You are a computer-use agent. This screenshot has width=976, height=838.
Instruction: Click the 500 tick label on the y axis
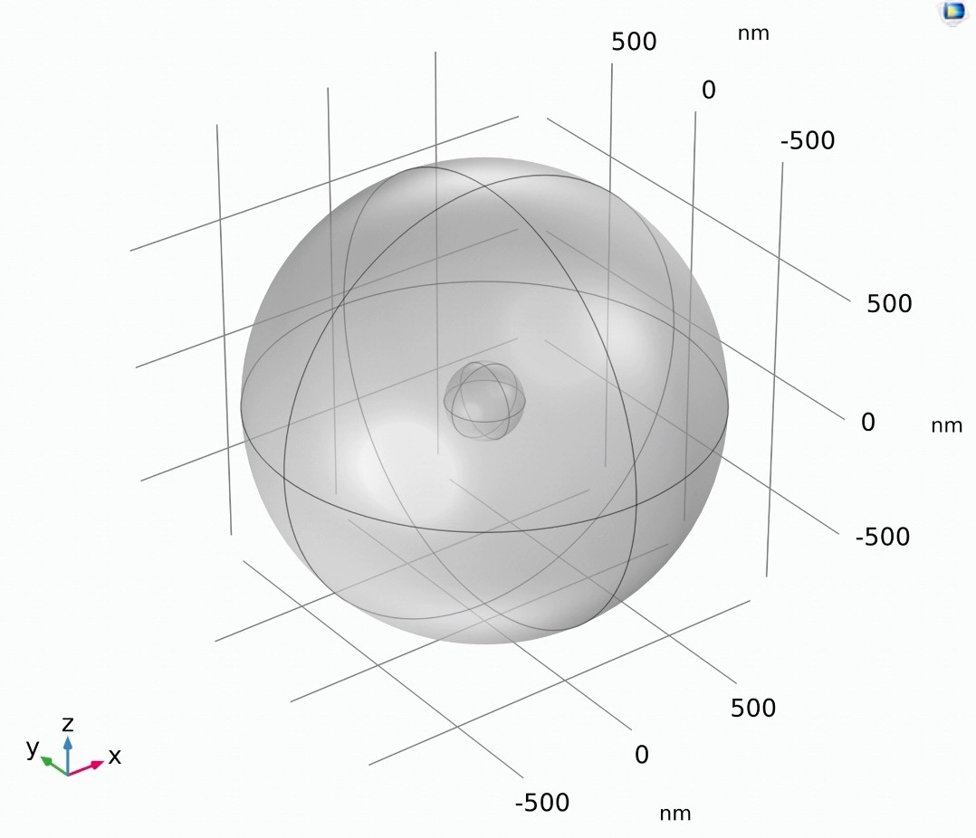(x=634, y=42)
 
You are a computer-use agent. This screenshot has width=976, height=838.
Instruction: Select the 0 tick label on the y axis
(x=708, y=90)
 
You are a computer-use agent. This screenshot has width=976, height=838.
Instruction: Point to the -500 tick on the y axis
(x=808, y=140)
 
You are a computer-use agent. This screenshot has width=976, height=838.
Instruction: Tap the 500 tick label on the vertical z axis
(x=889, y=303)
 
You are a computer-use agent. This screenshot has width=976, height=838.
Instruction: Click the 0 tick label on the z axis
(x=867, y=423)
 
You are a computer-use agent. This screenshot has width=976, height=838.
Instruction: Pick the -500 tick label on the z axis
(x=883, y=537)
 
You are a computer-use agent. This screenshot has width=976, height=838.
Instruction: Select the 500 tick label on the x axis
(x=752, y=708)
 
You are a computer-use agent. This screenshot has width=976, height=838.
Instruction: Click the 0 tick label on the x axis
(x=642, y=755)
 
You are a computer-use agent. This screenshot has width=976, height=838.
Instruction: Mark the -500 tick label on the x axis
(x=541, y=803)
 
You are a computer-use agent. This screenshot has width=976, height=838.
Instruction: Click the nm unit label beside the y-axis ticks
(x=753, y=33)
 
